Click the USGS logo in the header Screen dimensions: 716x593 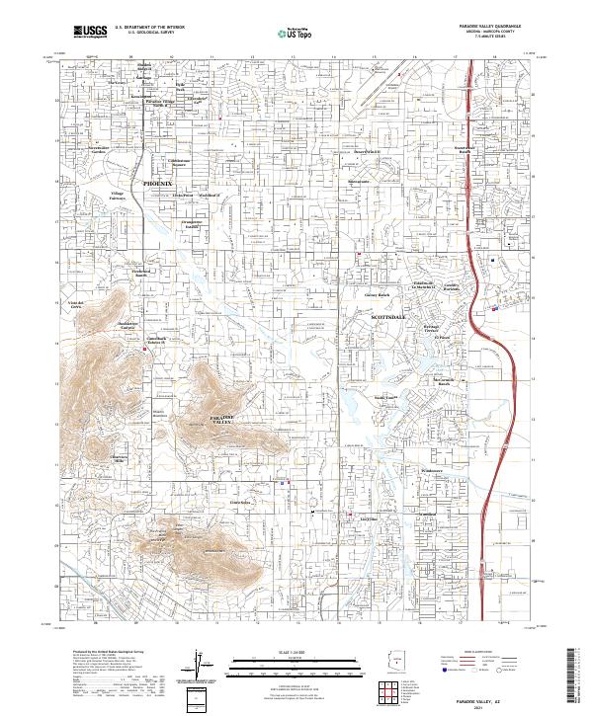pyautogui.click(x=91, y=32)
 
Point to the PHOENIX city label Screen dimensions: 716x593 pyautogui.click(x=157, y=184)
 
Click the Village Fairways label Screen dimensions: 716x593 pyautogui.click(x=119, y=195)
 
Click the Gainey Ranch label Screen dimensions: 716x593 pyautogui.click(x=378, y=294)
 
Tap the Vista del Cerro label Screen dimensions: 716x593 pyautogui.click(x=78, y=304)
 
